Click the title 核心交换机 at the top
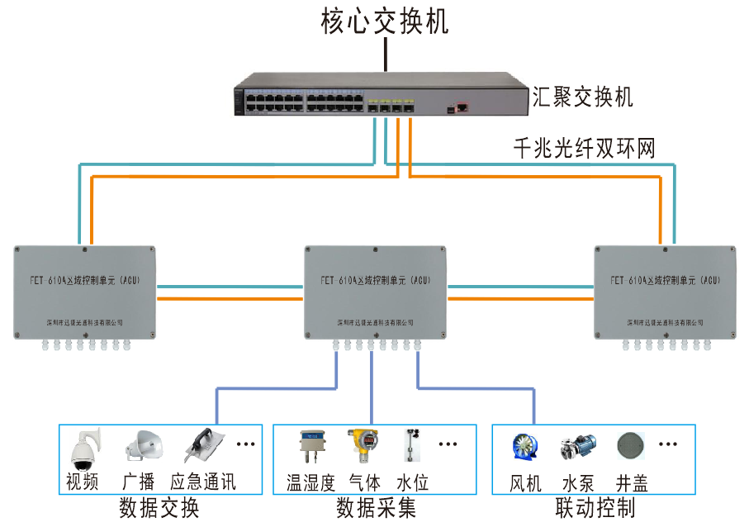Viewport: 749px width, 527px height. coord(384,21)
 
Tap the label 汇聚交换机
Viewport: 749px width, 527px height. coord(582,97)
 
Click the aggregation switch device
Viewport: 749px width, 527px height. coord(380,97)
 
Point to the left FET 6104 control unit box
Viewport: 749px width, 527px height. coord(85,290)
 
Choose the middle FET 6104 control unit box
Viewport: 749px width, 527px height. coord(376,290)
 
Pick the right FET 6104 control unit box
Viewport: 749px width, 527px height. coord(665,290)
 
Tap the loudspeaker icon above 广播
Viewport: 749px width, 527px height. coord(141,447)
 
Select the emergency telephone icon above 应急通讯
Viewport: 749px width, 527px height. coord(201,446)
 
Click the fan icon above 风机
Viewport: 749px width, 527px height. coord(525,447)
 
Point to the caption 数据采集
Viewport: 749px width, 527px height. coord(375,507)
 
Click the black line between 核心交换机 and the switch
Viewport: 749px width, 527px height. coord(385,55)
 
